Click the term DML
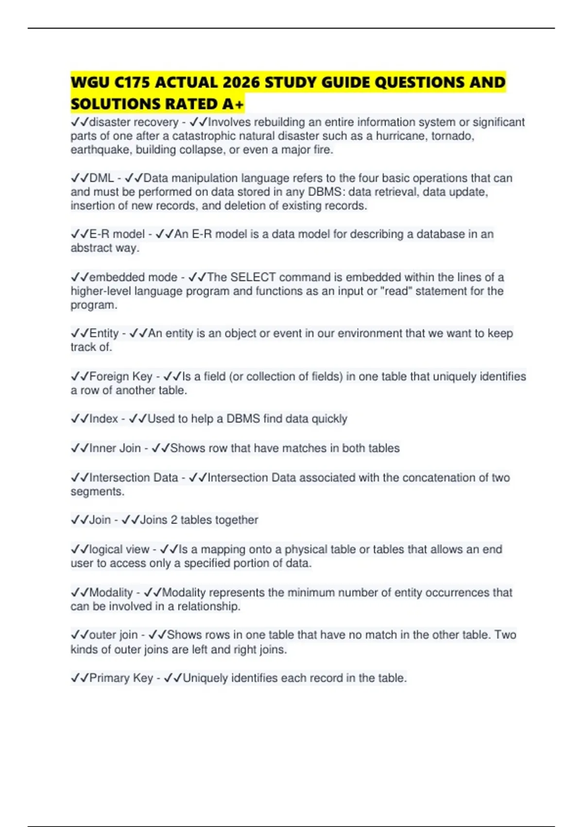pos(102,178)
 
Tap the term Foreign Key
pos(121,377)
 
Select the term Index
pos(103,419)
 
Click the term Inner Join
pos(115,448)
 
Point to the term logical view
pos(119,549)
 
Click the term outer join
pos(114,635)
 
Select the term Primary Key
pos(121,678)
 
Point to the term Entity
pos(104,334)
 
